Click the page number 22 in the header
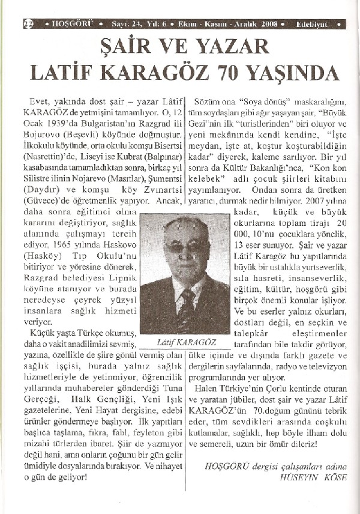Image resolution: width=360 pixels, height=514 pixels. [x=27, y=25]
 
